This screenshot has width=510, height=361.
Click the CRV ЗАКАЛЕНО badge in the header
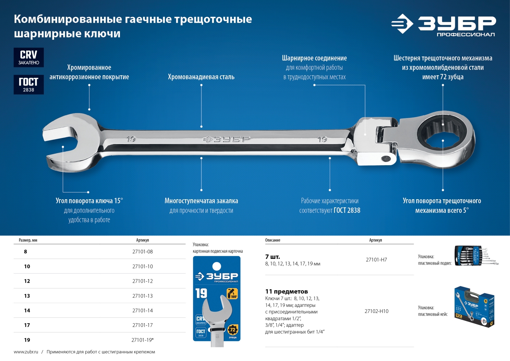click(29, 57)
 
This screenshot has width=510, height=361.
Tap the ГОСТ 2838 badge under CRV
click(29, 84)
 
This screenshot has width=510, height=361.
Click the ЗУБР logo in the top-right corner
click(443, 25)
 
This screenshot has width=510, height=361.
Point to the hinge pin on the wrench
click(386, 158)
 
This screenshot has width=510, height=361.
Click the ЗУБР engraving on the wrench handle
click(227, 139)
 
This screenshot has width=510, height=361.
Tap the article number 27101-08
click(142, 252)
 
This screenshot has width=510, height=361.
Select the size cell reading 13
click(27, 296)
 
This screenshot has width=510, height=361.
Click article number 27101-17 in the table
click(142, 325)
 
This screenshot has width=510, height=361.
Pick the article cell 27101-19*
click(142, 340)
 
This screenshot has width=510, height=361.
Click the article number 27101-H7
click(376, 260)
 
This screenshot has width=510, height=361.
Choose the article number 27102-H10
click(376, 311)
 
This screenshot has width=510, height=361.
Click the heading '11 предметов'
click(287, 292)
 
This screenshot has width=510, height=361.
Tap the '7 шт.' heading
click(273, 257)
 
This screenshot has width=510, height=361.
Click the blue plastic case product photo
click(474, 307)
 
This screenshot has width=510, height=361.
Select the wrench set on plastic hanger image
click(475, 256)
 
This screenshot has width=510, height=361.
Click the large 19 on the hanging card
click(201, 293)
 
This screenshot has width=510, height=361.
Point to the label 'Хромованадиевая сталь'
click(201, 77)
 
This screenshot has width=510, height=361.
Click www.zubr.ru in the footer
click(26, 352)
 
